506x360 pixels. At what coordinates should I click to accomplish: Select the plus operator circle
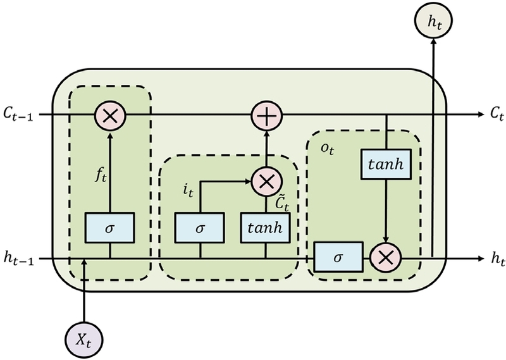[x=266, y=116]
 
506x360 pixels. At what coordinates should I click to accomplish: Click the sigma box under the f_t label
[x=110, y=227]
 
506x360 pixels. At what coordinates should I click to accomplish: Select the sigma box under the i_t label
[x=200, y=227]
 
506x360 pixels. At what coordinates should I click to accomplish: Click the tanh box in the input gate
[x=266, y=227]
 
